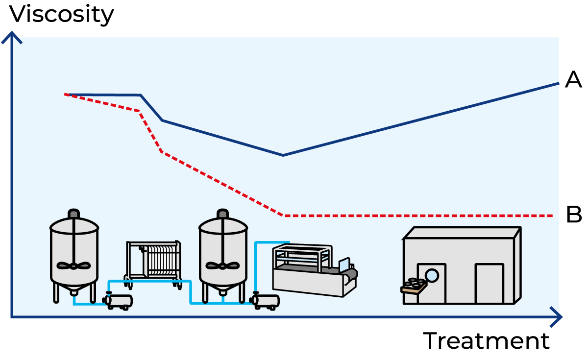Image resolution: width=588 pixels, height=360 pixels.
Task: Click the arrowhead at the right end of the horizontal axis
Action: click(x=559, y=317)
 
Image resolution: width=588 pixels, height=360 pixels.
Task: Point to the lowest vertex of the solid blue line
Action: click(x=283, y=155)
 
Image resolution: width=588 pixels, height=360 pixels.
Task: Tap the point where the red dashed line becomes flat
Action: click(x=284, y=216)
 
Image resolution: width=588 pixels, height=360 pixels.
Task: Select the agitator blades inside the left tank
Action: click(x=74, y=265)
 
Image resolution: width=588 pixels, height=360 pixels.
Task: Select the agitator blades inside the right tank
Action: click(x=223, y=265)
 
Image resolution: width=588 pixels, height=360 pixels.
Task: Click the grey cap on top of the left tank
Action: click(x=74, y=214)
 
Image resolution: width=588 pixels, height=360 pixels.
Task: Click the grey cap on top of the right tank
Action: click(x=222, y=214)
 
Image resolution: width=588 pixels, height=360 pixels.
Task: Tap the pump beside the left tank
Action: click(x=119, y=301)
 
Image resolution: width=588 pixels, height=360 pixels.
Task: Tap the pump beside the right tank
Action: click(x=266, y=301)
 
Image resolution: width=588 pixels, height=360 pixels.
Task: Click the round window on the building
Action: click(x=432, y=275)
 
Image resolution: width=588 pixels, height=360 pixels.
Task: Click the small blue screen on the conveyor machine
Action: click(x=344, y=265)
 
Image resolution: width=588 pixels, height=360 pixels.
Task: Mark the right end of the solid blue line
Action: click(x=558, y=83)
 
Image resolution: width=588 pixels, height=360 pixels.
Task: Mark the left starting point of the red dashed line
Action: click(x=66, y=94)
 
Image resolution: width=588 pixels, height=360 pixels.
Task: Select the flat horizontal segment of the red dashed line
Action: click(x=416, y=216)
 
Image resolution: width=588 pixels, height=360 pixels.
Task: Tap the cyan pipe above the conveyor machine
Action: click(x=272, y=242)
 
